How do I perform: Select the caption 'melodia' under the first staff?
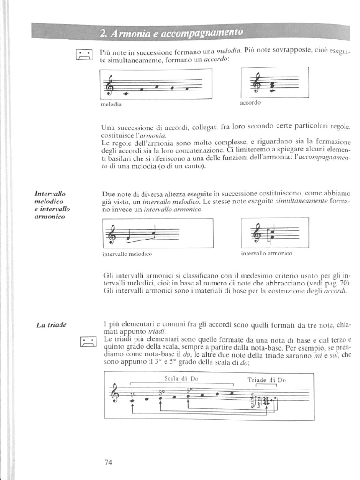tap(111, 105)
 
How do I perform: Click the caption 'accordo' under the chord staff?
tap(250, 102)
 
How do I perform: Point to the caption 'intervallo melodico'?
tap(127, 255)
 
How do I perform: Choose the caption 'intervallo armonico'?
tap(266, 253)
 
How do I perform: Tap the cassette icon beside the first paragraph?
tap(83, 57)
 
